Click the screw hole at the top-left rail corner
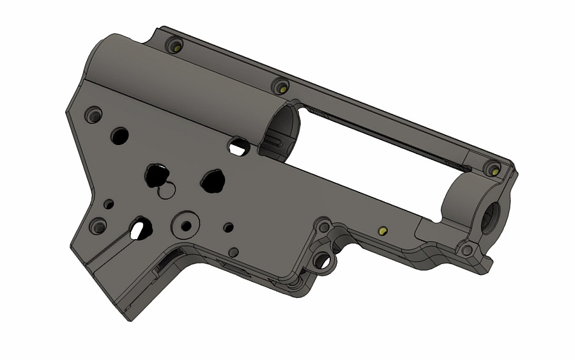point(175,46)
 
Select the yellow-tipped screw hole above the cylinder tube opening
point(280,85)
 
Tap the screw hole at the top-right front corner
point(493,169)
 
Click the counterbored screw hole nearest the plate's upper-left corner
point(94,115)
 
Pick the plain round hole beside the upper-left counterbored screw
point(119,135)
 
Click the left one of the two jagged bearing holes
point(156,175)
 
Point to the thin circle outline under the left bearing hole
point(167,191)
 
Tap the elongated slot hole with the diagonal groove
point(141,228)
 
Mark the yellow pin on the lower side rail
point(383,231)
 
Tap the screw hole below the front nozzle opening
point(468,250)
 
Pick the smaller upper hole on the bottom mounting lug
point(324,227)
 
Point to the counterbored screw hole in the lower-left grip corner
point(98,226)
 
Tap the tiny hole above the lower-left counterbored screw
point(109,204)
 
